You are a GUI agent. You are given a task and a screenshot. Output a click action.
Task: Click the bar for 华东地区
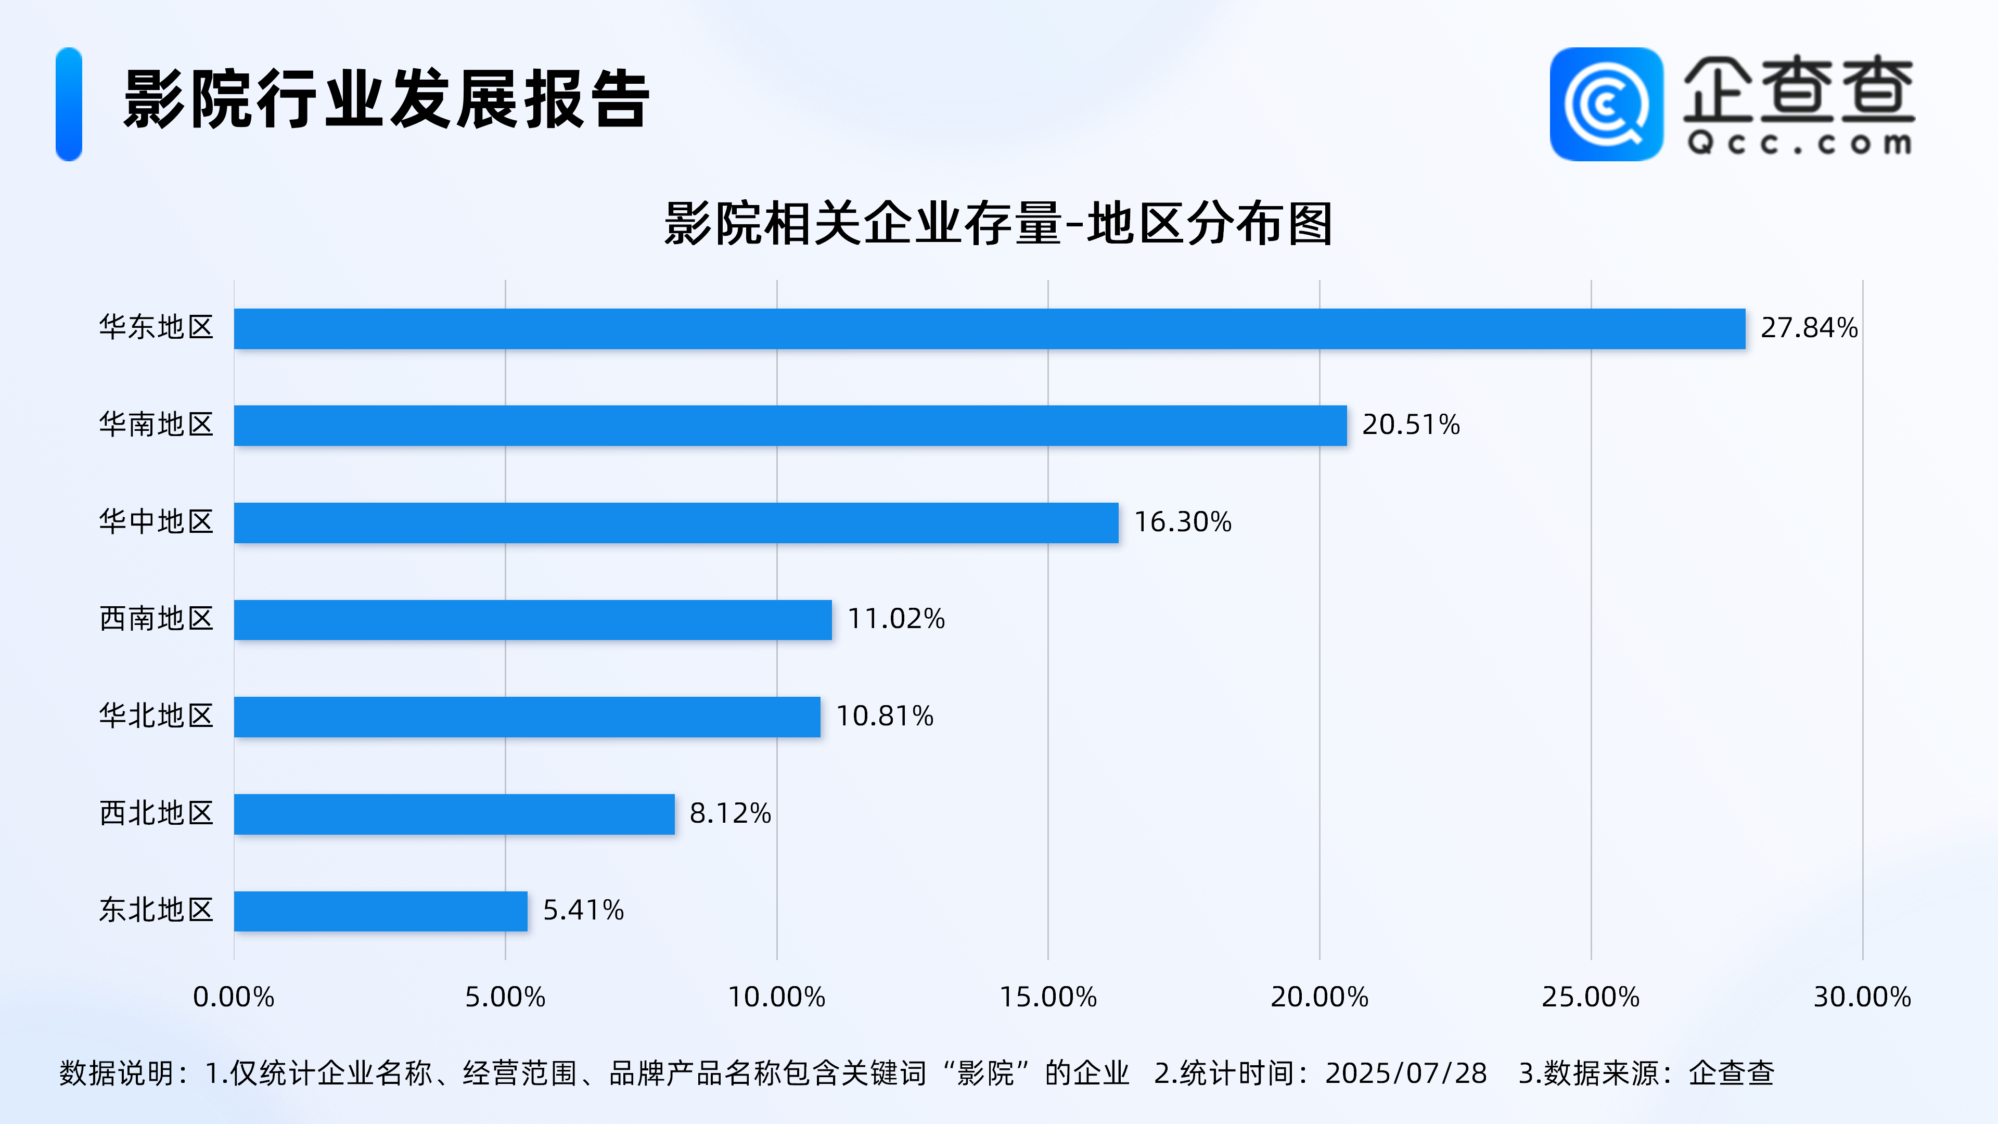989,329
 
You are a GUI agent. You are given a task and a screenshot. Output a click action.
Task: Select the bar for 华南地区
790,425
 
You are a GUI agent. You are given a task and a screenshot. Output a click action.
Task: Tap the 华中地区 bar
675,522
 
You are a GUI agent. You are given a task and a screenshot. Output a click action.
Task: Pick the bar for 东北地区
380,911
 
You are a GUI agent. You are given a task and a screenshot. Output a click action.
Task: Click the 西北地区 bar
454,814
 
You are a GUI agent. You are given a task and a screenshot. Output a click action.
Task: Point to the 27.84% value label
1809,328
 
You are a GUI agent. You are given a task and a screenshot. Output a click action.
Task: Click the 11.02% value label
896,619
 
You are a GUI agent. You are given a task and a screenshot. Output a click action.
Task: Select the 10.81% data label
884,716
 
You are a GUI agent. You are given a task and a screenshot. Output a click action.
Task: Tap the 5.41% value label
583,910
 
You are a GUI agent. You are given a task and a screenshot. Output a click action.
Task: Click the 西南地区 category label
156,619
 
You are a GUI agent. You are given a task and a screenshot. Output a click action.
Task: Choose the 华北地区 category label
156,716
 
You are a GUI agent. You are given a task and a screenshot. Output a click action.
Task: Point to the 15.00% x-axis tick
1048,997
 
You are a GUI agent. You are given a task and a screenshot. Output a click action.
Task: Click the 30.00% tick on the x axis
1862,997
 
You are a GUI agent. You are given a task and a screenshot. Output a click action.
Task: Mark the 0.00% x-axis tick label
234,997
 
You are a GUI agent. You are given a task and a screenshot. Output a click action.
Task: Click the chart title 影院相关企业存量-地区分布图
998,224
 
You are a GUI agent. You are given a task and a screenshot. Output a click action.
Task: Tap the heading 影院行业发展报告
386,99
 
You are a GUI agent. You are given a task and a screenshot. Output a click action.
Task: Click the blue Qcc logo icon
1606,104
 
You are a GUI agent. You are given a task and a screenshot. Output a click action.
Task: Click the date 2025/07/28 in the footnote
1405,1074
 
